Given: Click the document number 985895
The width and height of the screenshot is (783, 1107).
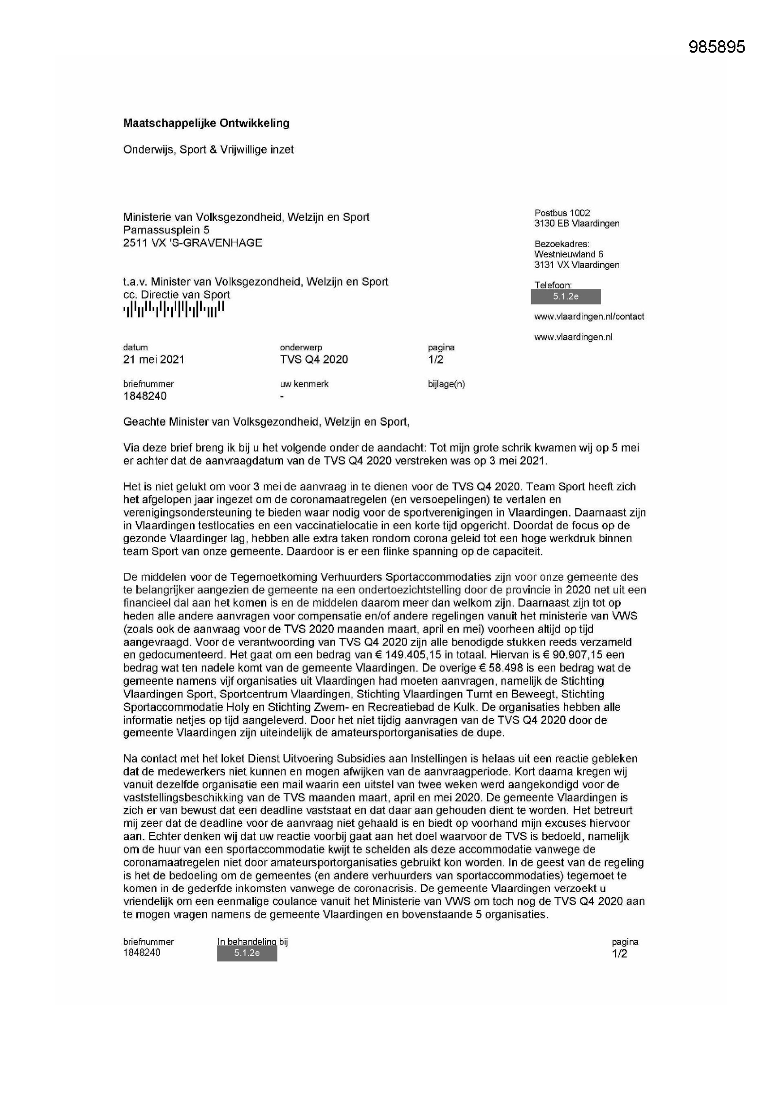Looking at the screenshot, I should coord(716,47).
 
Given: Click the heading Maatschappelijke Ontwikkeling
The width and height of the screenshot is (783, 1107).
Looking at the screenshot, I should coord(206,123).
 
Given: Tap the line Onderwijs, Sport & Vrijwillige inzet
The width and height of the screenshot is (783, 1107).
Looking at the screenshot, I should coord(208,150).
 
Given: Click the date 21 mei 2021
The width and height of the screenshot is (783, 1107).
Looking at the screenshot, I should coord(154,359).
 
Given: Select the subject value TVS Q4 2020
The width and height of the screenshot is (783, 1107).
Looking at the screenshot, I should coord(313,359).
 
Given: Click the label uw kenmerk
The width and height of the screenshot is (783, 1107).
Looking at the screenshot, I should coord(304,384).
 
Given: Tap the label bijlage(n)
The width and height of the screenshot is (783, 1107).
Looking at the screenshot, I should coord(446,384).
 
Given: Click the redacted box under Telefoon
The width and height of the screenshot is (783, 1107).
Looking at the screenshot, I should coord(566,296).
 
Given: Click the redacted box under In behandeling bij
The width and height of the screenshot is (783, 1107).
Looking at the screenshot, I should coord(247,953).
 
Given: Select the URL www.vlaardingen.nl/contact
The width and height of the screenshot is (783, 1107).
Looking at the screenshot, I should coord(589,317).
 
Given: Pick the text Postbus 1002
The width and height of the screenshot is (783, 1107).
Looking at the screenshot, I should coord(562,213).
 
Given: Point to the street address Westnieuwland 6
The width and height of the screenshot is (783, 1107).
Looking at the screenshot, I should coord(569,254).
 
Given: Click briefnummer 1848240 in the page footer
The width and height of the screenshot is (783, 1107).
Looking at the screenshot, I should coord(142,952).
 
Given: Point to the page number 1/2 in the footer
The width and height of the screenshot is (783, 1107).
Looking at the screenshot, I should coord(620,953).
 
